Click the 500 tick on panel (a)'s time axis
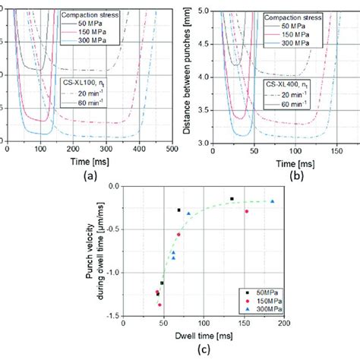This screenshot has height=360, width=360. (x=172, y=150)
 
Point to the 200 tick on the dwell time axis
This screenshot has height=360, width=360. (x=284, y=324)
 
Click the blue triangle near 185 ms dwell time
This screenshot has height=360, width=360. (x=272, y=201)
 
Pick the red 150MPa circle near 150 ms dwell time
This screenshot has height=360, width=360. (x=246, y=211)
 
